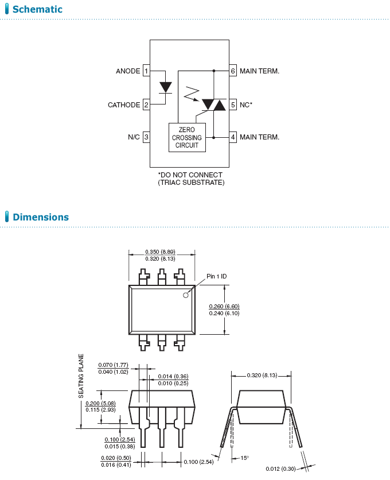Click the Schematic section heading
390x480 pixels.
click(x=37, y=9)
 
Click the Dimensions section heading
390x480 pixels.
click(x=40, y=217)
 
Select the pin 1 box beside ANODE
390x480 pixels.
click(x=146, y=71)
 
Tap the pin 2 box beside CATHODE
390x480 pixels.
click(x=146, y=105)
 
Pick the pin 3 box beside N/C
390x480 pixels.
click(x=146, y=137)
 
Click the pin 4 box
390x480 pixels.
click(x=233, y=137)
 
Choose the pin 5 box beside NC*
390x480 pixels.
click(x=233, y=105)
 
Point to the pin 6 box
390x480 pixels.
click(x=233, y=71)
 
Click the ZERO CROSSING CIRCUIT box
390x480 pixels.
click(x=187, y=138)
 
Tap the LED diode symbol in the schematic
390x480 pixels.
click(x=166, y=87)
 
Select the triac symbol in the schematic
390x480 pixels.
click(x=213, y=105)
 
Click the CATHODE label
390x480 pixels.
click(x=124, y=105)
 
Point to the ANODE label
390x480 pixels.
click(x=128, y=71)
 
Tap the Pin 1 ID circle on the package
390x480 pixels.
click(x=186, y=295)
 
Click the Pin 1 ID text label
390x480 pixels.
click(x=217, y=276)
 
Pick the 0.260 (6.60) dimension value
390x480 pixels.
click(x=224, y=306)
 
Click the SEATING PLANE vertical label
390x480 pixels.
click(x=81, y=376)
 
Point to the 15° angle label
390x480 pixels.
click(x=244, y=458)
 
